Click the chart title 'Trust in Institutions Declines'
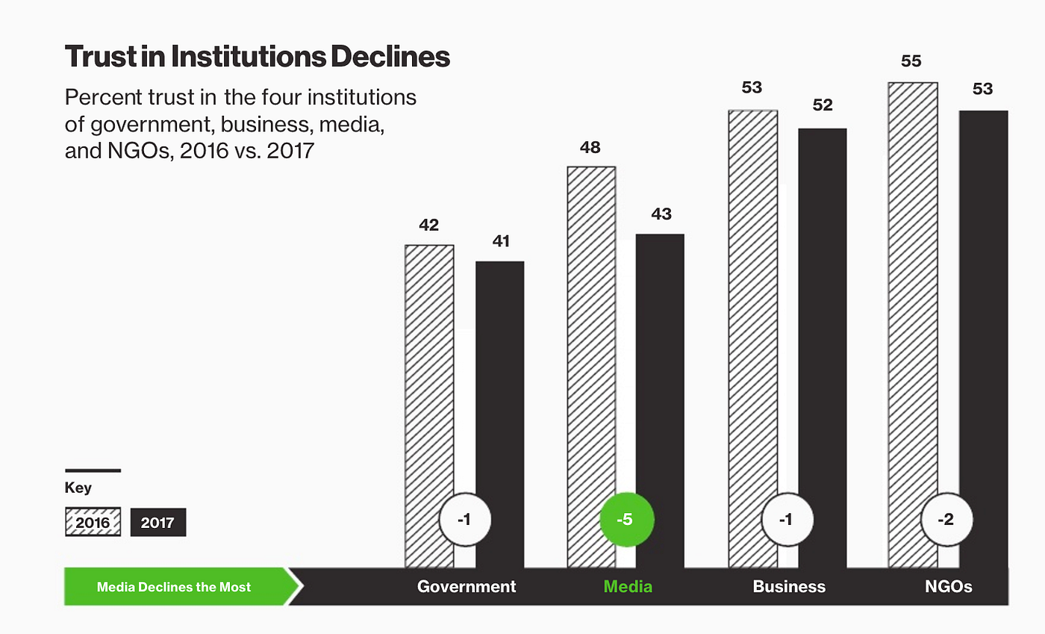(257, 57)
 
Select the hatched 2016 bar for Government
(428, 373)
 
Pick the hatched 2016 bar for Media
(591, 336)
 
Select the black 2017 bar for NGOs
(984, 314)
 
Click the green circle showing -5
(627, 520)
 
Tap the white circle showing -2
(946, 520)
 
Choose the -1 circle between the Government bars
(464, 520)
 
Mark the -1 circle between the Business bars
(786, 520)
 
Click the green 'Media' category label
(627, 586)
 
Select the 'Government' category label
(467, 586)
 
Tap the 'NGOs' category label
(948, 586)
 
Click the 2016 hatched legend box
(93, 523)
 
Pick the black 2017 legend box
(157, 523)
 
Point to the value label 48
(590, 147)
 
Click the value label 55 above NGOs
(911, 61)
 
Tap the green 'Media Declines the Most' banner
(175, 586)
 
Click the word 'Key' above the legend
(78, 488)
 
